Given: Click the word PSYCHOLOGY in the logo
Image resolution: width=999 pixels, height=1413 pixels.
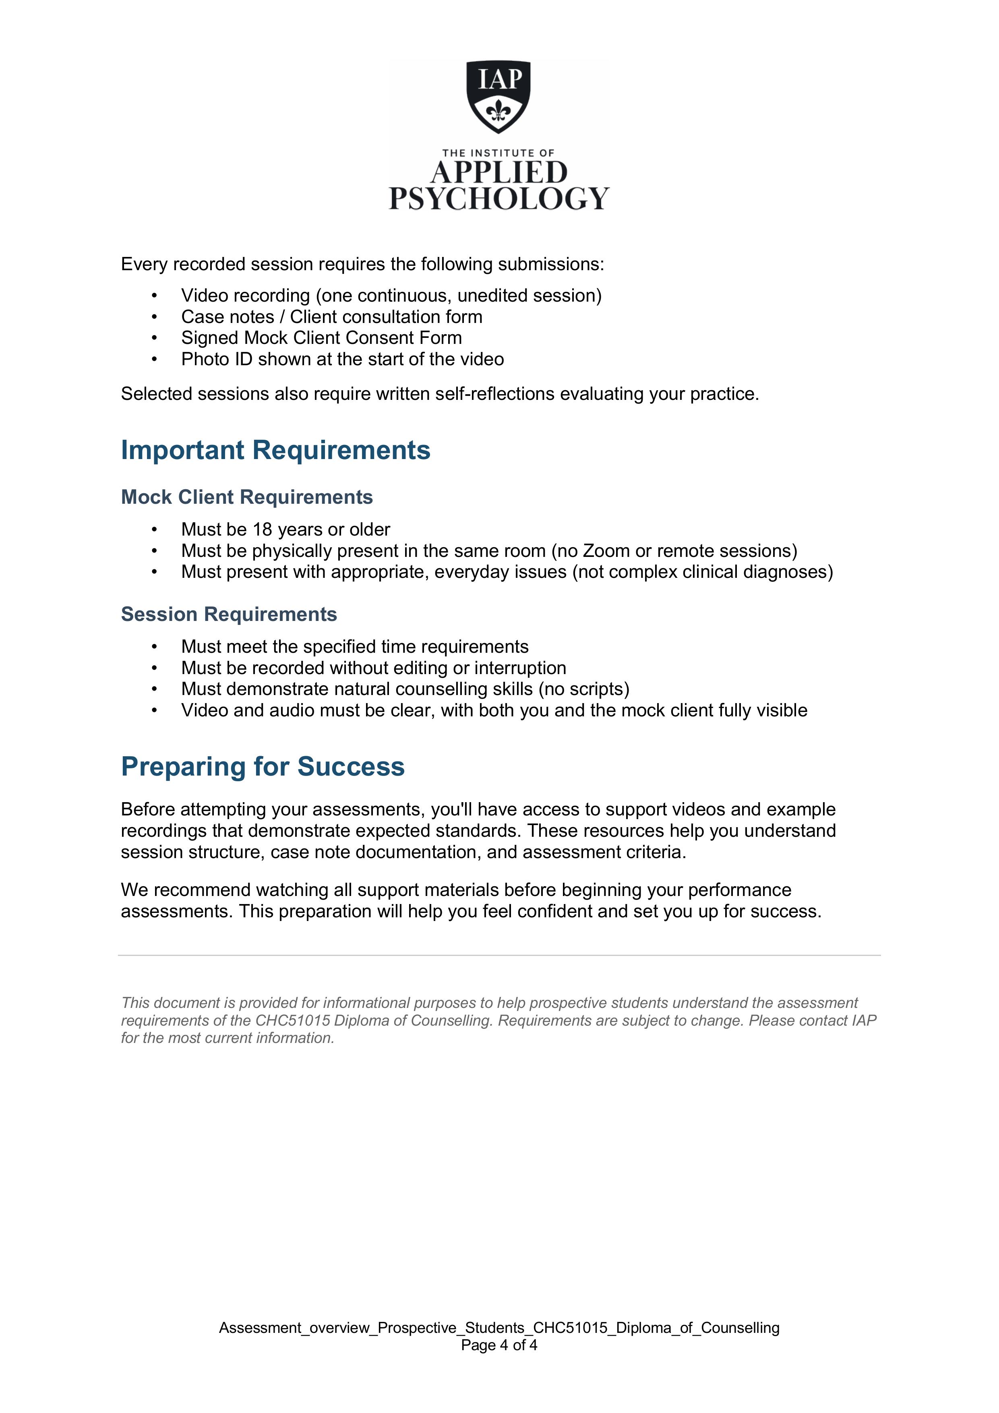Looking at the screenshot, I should (498, 199).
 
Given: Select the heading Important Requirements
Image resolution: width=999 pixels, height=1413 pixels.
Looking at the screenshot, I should (275, 450).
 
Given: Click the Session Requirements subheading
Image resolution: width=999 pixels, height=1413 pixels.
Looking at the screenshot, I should (229, 614).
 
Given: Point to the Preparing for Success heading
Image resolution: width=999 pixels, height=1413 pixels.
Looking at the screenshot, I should (263, 767).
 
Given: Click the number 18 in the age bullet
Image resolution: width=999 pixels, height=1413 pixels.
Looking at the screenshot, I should (262, 530).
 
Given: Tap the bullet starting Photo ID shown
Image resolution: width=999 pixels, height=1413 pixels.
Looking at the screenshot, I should (342, 360).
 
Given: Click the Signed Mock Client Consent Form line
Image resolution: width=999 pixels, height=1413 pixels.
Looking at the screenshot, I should (321, 338).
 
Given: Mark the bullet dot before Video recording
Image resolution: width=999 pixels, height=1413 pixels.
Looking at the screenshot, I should (155, 296).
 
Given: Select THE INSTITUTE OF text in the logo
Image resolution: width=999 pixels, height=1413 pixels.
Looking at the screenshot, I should (498, 153).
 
